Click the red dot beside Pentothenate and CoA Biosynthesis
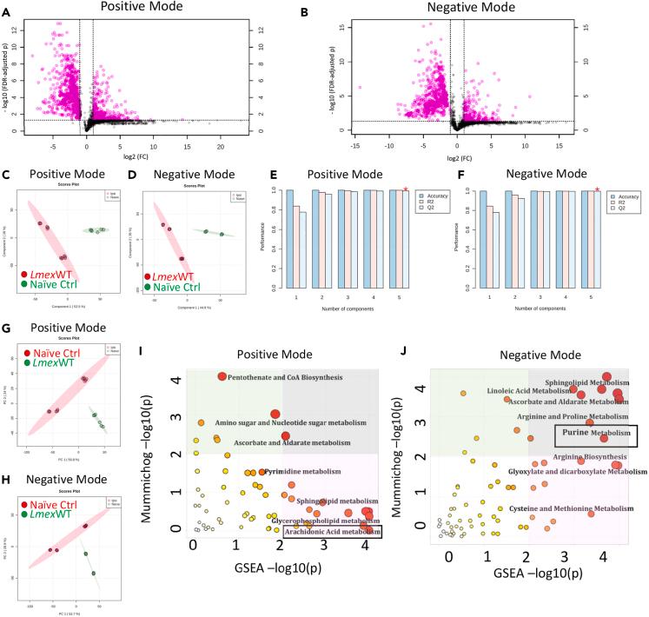coord(222,376)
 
